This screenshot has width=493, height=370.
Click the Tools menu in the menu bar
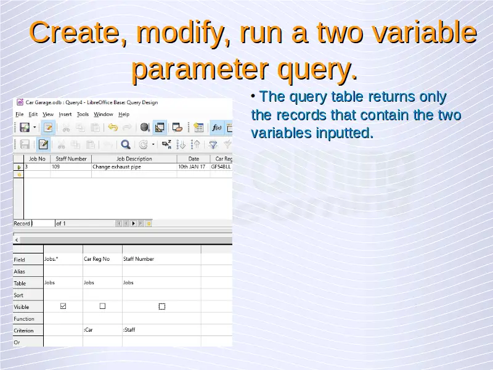(83, 114)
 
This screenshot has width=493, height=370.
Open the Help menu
(124, 114)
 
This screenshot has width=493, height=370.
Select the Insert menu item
(65, 114)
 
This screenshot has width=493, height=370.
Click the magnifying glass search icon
(126, 144)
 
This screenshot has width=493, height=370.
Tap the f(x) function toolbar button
(217, 128)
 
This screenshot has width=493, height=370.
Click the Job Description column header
(134, 159)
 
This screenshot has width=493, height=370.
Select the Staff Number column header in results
(71, 159)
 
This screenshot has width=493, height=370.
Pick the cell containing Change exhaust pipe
(116, 166)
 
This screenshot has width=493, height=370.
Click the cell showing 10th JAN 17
(192, 166)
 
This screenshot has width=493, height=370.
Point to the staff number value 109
(55, 166)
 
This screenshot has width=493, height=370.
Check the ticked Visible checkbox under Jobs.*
(63, 306)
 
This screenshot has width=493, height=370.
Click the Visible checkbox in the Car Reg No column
(102, 306)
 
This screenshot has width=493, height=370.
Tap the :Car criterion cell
(88, 330)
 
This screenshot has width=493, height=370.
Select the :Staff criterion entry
(129, 330)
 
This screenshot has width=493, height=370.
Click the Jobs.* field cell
(51, 259)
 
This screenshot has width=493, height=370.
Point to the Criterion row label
(23, 331)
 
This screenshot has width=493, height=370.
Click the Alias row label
(19, 271)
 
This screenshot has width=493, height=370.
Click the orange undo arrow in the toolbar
(113, 128)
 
